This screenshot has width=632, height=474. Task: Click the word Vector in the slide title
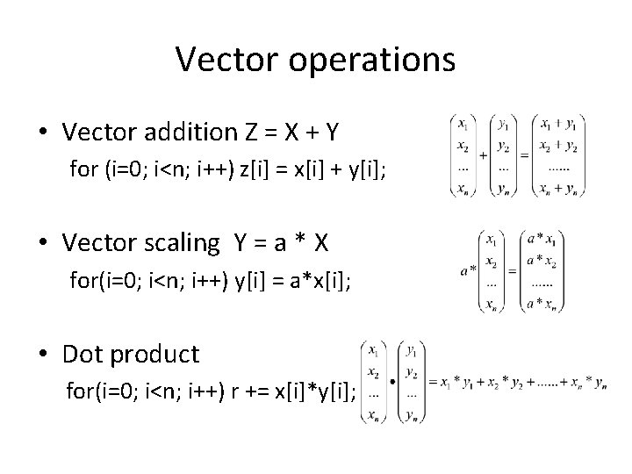click(x=220, y=59)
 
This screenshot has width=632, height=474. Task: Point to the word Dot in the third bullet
click(x=83, y=354)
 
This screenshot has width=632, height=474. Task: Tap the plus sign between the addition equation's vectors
click(x=483, y=154)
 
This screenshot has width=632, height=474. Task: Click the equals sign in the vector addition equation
click(x=524, y=154)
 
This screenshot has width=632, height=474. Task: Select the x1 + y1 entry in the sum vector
click(x=558, y=123)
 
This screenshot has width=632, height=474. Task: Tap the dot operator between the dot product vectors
click(x=391, y=382)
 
